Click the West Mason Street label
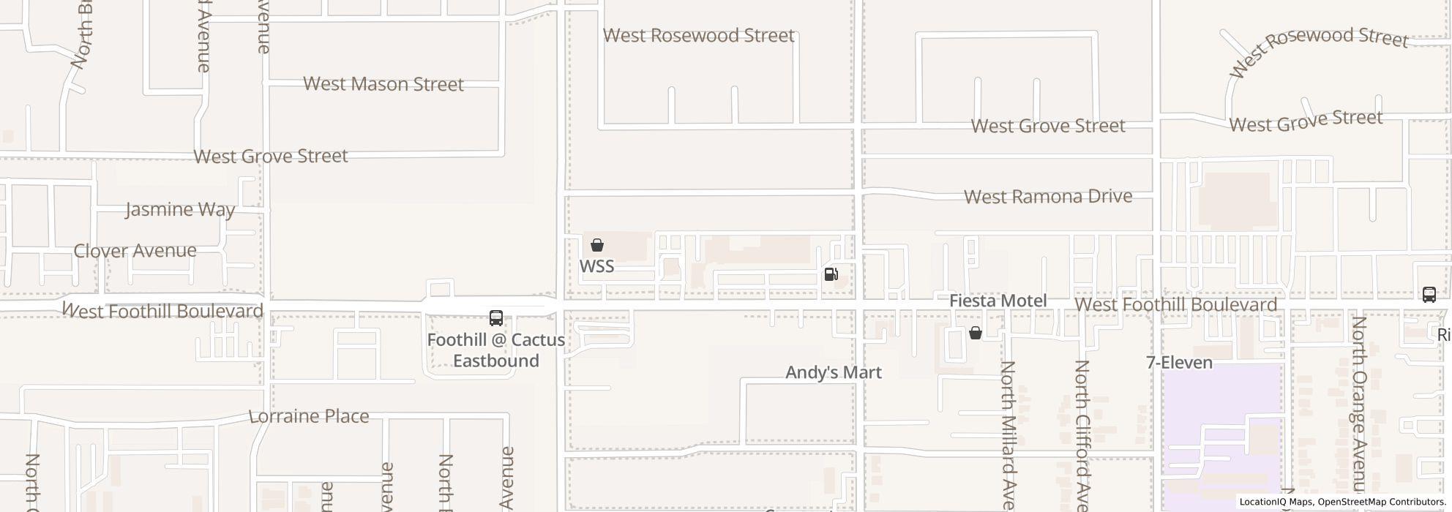(x=383, y=84)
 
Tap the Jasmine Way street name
(x=180, y=210)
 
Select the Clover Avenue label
(x=135, y=250)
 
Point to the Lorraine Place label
(x=309, y=416)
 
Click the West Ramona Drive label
(x=1048, y=197)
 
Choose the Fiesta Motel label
(x=998, y=301)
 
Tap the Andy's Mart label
(x=833, y=372)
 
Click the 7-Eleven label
(x=1178, y=363)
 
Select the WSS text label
(x=596, y=266)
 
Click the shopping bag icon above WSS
(x=597, y=245)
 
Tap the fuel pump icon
(x=831, y=274)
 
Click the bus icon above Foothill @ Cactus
(x=495, y=318)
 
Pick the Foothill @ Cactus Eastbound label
(x=495, y=350)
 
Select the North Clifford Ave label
(x=1082, y=434)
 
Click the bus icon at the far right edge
(x=1429, y=294)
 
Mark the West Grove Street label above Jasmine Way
(x=270, y=156)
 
